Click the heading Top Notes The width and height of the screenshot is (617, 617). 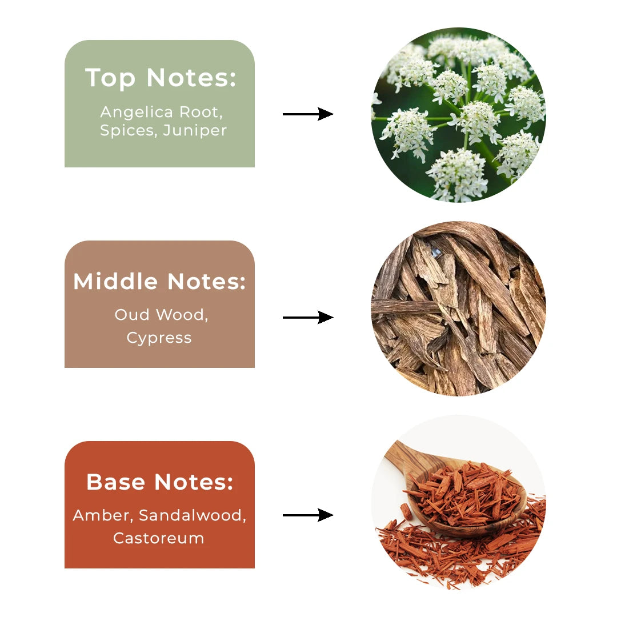point(160,78)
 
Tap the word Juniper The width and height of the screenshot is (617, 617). point(195,130)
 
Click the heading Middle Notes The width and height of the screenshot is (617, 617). point(159,281)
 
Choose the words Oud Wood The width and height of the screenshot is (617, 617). point(161,315)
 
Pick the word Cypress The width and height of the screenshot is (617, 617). point(159,338)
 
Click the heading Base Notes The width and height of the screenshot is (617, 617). point(159,482)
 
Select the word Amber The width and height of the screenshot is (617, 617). point(102,515)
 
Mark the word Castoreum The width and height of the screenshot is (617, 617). point(159,538)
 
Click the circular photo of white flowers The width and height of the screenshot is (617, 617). point(458,114)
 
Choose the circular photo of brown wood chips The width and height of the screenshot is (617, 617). point(458,308)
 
